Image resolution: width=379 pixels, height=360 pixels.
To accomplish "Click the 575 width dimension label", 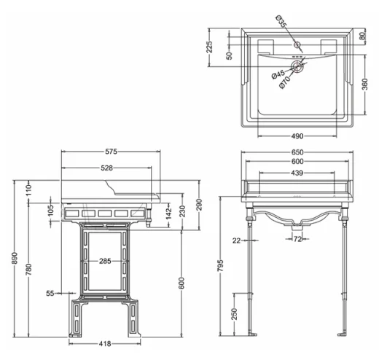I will coord(111,152).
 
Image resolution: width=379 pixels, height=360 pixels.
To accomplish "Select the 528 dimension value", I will coord(106,168).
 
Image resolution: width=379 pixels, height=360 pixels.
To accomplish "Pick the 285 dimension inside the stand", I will coord(105,260).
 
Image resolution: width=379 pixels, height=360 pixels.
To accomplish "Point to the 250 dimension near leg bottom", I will coord(233,313).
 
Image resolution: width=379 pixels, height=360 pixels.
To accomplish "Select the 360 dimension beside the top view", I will coord(364,84).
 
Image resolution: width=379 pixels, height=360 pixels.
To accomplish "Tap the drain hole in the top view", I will coord(297,66).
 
